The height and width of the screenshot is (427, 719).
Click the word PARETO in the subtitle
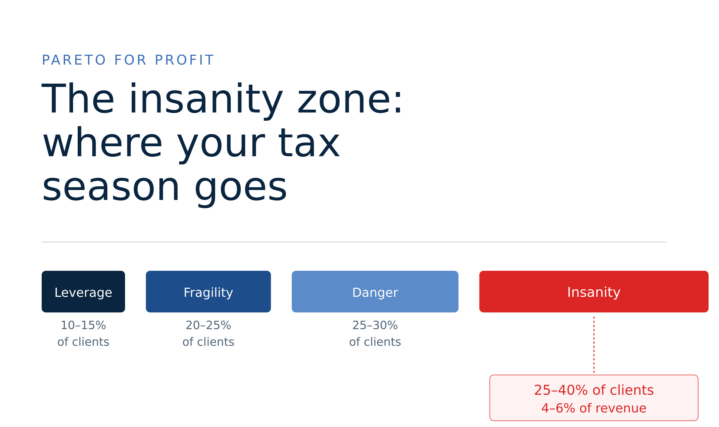pos(74,60)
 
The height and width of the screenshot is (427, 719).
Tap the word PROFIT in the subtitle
pos(184,60)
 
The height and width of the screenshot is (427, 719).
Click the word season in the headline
pos(111,188)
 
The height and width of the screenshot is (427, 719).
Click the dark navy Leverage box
pos(83,292)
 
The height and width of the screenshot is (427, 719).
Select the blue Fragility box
pos(208,292)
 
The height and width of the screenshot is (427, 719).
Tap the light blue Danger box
pos(375,292)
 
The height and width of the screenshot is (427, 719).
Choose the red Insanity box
pos(594,292)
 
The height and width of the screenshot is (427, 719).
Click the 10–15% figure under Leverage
pos(83,325)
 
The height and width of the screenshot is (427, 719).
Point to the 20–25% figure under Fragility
pos(208,325)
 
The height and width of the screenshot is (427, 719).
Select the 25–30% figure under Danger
pos(375,325)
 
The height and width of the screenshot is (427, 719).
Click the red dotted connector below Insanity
pos(594,345)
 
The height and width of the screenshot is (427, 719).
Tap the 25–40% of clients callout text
pos(594,390)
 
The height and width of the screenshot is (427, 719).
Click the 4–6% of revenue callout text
pos(594,408)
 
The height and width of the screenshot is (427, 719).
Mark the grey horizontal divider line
pos(354,242)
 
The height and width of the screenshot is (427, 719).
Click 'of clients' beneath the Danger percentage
pos(375,342)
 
